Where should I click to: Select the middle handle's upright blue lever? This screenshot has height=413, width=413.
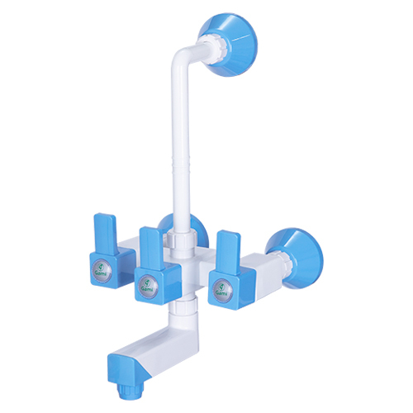151,247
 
